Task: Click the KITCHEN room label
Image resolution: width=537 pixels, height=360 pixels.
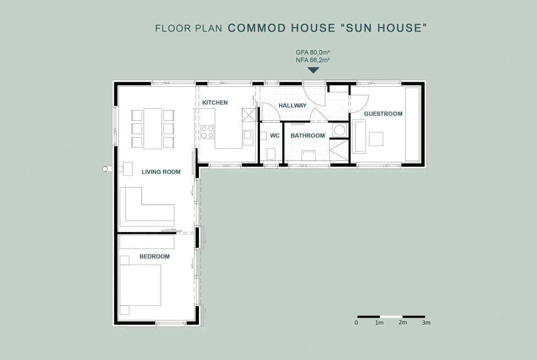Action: tap(215, 102)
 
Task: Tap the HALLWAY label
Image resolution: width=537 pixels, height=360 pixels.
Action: tap(292, 105)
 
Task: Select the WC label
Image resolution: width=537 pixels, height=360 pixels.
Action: tap(274, 135)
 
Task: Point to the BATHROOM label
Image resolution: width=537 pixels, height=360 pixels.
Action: tap(308, 135)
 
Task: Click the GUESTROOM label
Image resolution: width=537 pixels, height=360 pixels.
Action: tap(383, 114)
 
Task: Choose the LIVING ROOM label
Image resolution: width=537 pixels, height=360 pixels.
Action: tap(161, 172)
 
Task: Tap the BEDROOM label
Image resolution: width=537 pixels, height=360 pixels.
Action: tap(155, 256)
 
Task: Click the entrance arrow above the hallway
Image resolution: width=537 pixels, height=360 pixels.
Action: tap(313, 70)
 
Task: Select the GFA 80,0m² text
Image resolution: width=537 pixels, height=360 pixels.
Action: tap(313, 52)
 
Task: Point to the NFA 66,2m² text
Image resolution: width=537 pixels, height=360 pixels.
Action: tap(313, 60)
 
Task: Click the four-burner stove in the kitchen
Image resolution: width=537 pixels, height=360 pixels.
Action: tap(207, 132)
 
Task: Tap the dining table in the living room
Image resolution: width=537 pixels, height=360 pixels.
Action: tap(153, 128)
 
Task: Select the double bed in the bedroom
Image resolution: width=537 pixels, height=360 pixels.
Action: tap(140, 285)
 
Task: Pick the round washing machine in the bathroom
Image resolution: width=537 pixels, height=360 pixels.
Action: tap(339, 130)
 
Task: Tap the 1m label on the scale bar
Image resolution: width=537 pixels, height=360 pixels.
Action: tap(379, 323)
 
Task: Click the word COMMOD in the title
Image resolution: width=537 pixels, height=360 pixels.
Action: tap(257, 28)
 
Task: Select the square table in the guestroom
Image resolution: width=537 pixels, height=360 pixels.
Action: tap(376, 139)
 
